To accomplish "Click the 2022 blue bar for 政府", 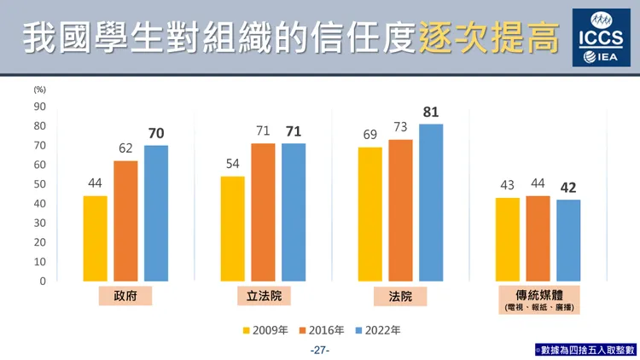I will point(156,213).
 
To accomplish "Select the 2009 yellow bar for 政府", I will point(95,238).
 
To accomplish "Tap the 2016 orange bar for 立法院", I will point(263,212).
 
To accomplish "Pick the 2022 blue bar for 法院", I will point(431,202).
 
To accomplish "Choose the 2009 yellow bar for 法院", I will point(370,214).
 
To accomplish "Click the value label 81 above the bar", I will point(431,112).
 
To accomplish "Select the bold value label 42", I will point(568,188).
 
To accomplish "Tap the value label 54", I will point(232,164).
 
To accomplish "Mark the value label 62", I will point(125,148).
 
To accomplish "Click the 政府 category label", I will point(125,297).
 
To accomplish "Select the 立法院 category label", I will point(263,297).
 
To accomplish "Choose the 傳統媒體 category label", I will point(538,293).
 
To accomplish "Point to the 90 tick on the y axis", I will point(40,107).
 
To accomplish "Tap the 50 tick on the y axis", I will point(40,184).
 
